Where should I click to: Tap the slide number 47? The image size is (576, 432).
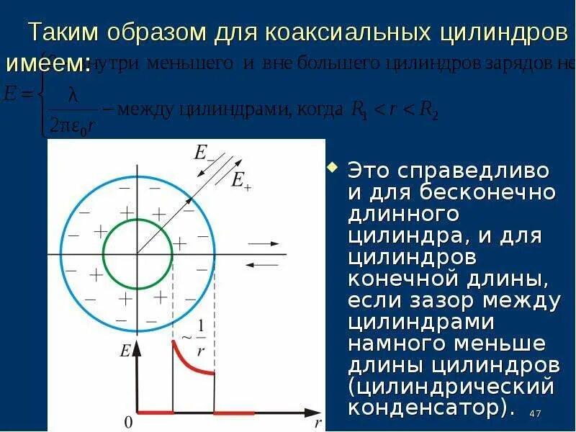click(534, 413)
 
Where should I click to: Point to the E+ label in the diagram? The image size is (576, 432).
click(240, 180)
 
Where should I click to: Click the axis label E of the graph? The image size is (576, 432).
click(125, 352)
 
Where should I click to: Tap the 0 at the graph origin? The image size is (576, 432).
click(128, 421)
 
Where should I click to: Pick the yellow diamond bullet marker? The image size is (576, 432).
click(332, 168)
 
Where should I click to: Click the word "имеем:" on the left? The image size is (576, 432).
click(48, 63)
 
